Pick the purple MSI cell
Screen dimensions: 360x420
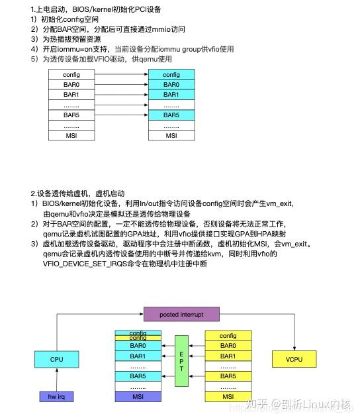coord(138,396)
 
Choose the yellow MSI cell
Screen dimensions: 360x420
coord(228,396)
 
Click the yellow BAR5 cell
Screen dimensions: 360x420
coord(228,376)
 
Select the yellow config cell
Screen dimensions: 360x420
coord(228,336)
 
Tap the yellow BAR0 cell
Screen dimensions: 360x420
coord(228,346)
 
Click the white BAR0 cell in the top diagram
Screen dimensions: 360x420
coord(71,85)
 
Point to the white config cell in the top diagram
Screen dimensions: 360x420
coord(71,75)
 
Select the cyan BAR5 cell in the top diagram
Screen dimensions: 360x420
coord(171,115)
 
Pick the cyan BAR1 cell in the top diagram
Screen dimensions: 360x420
coord(171,95)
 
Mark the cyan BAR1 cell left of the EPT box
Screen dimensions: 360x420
coord(138,356)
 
